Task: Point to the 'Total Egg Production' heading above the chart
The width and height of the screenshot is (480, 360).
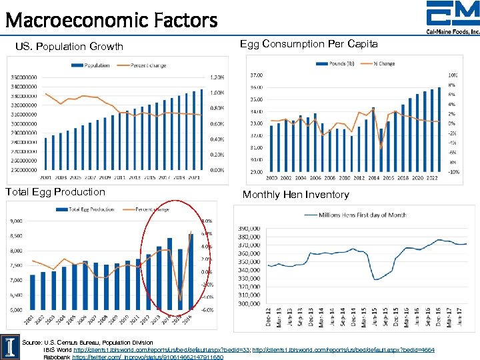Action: coord(55,192)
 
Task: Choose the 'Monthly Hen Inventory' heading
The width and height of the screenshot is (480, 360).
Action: coord(295,195)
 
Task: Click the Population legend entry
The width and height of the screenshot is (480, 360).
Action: coord(93,65)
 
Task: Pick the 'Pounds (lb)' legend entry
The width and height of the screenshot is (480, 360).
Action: coord(340,64)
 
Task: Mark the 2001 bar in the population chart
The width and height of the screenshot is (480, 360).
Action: coord(46,155)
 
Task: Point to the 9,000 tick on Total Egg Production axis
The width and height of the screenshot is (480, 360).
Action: coord(15,221)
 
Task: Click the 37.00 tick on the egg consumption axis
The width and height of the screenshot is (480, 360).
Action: coord(255,75)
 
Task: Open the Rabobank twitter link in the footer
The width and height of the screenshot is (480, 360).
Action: coord(147,357)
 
